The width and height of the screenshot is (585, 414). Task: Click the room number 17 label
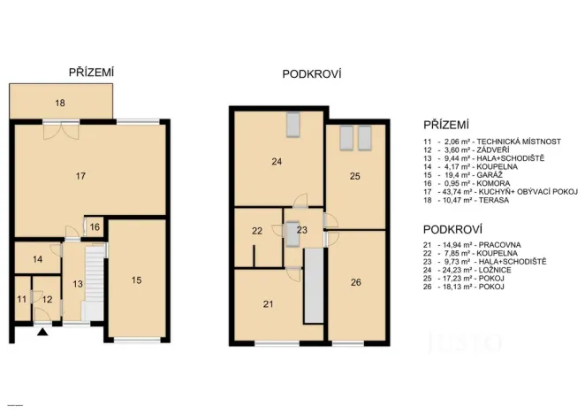[80, 177]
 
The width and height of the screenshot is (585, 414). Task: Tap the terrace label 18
[60, 103]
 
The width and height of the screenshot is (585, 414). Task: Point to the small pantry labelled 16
[95, 227]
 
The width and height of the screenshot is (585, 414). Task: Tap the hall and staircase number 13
[77, 284]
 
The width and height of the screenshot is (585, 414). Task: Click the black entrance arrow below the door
[41, 332]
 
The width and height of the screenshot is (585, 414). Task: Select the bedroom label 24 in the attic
[276, 162]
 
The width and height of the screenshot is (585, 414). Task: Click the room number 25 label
[354, 177]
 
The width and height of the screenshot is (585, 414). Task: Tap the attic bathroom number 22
[256, 231]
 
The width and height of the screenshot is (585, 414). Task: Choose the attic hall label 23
[301, 230]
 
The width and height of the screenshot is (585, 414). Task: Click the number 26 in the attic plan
[355, 283]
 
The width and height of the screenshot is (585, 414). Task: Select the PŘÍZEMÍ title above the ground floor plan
[93, 72]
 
